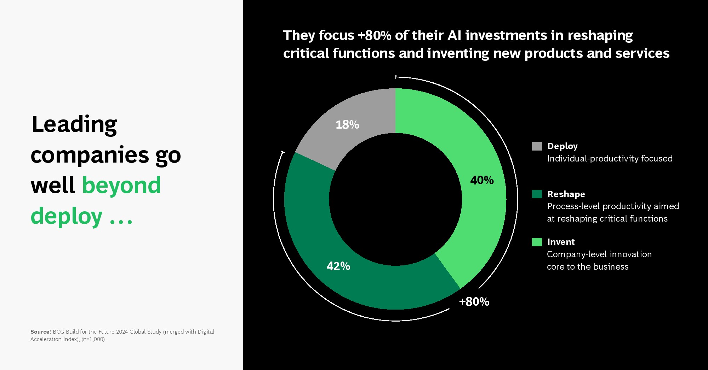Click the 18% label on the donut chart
(x=347, y=125)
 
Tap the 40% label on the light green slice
(x=482, y=180)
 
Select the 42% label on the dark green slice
(x=338, y=266)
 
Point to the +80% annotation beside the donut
(x=474, y=301)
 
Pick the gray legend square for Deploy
(x=537, y=146)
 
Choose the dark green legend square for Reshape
(x=537, y=194)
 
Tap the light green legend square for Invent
(x=537, y=242)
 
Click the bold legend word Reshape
(x=566, y=194)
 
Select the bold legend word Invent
(x=561, y=242)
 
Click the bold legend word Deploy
(x=563, y=146)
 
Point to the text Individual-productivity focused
(x=610, y=159)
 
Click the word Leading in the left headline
(x=74, y=125)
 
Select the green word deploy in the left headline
(x=67, y=216)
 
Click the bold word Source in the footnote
(x=41, y=332)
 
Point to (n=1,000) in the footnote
(x=93, y=339)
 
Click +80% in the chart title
(x=375, y=35)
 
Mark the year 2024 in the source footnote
(x=122, y=332)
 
